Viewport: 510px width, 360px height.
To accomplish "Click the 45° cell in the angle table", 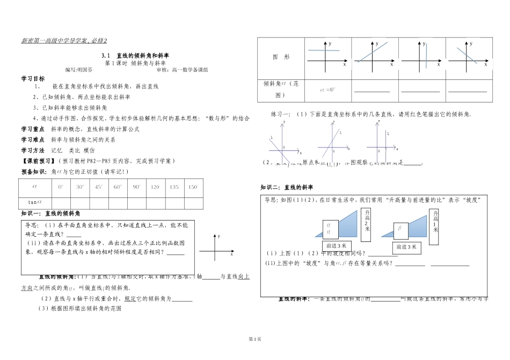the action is click(x=99, y=187).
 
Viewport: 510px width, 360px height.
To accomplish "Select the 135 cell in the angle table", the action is click(x=174, y=187).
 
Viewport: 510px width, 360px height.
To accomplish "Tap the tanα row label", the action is click(x=35, y=202).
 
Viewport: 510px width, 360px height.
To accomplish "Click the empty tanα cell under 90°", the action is click(x=136, y=202).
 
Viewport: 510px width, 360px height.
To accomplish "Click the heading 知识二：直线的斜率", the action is click(x=287, y=187).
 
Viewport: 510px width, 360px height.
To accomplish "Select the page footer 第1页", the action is click(x=254, y=339).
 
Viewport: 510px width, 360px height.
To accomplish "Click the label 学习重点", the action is click(x=33, y=129).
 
